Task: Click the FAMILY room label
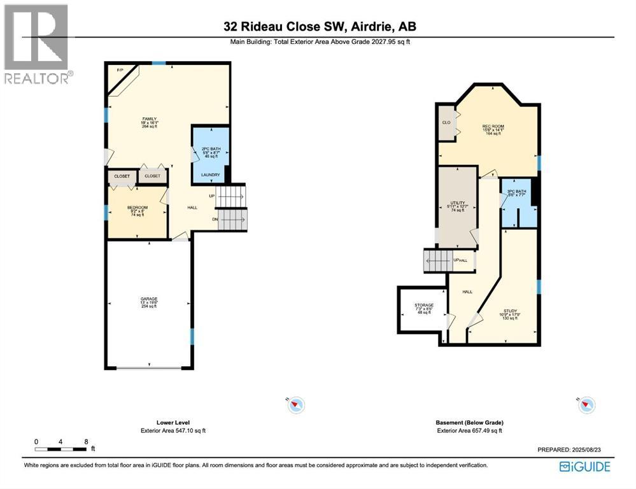tap(150, 119)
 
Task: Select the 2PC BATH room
tap(210, 152)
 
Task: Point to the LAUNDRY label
tap(210, 175)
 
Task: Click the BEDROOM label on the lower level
tap(138, 208)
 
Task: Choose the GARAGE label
tap(149, 299)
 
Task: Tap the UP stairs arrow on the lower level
tap(211, 196)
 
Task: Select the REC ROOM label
tap(493, 127)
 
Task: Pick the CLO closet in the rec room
tap(446, 122)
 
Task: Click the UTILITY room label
tap(458, 202)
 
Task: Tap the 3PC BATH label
tap(516, 192)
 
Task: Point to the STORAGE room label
tap(423, 305)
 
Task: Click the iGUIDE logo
tap(584, 467)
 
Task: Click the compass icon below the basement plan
tap(586, 404)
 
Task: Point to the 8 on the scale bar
tap(85, 441)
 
